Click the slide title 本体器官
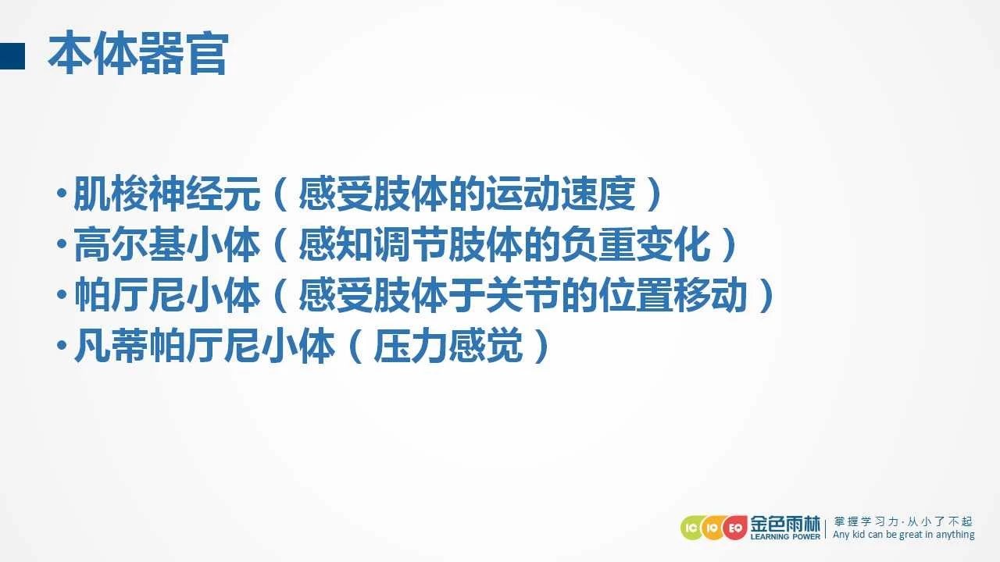click(138, 53)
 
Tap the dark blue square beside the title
click(12, 55)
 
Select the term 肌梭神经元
click(167, 194)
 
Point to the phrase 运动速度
click(561, 194)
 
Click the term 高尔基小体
click(167, 244)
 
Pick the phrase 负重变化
click(636, 244)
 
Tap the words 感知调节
click(373, 244)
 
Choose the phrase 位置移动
click(673, 295)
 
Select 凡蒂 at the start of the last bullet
click(111, 346)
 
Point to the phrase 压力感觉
click(448, 346)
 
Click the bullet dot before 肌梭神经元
click(62, 193)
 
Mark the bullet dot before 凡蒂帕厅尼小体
click(62, 345)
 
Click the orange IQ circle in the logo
click(712, 528)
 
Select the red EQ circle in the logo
click(735, 528)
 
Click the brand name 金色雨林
click(785, 524)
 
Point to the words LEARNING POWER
click(785, 536)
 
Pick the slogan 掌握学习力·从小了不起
click(903, 521)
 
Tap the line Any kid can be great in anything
click(904, 535)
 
